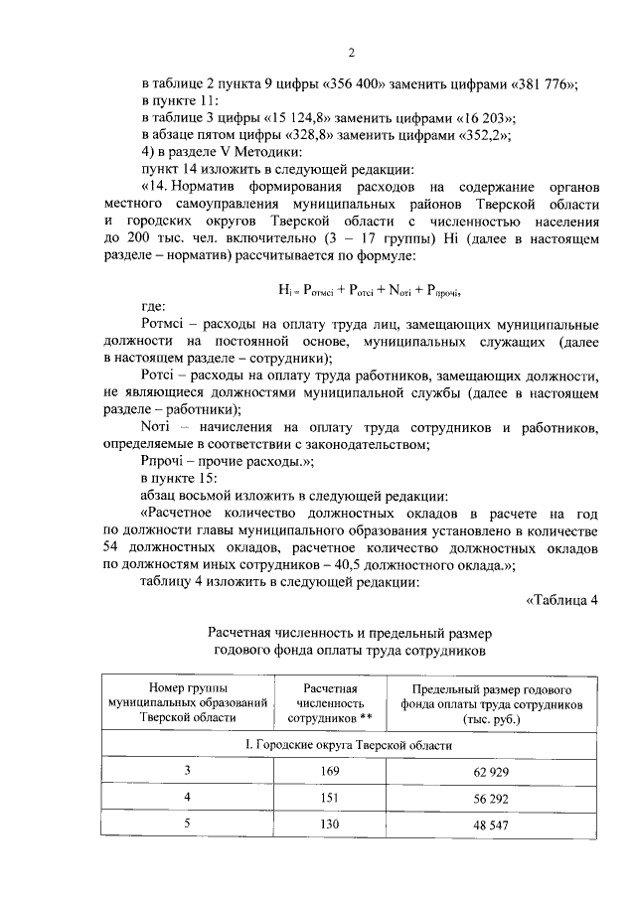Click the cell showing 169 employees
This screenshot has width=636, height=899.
tap(322, 771)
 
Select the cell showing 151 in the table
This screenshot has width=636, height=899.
tap(322, 798)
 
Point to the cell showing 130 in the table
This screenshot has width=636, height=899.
tap(322, 824)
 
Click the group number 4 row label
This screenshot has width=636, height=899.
tap(187, 798)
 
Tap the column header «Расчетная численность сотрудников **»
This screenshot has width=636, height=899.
tap(322, 702)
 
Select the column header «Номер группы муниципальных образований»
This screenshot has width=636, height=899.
tap(187, 702)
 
